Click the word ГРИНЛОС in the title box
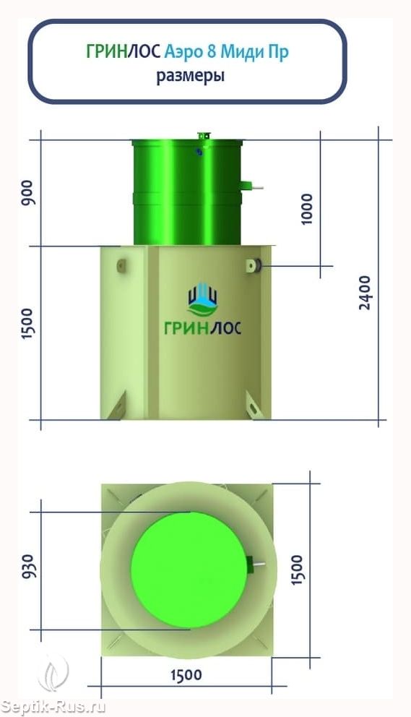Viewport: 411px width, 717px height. click(x=124, y=51)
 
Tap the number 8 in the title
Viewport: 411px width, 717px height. click(x=212, y=51)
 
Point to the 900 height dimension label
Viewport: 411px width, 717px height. click(x=28, y=192)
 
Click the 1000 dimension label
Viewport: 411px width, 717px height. click(x=307, y=209)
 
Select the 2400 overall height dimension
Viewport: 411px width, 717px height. click(x=365, y=293)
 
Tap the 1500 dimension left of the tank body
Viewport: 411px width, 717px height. click(x=28, y=323)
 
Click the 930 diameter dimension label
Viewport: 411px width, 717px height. click(x=28, y=566)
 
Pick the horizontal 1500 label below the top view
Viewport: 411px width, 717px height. click(x=186, y=675)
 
